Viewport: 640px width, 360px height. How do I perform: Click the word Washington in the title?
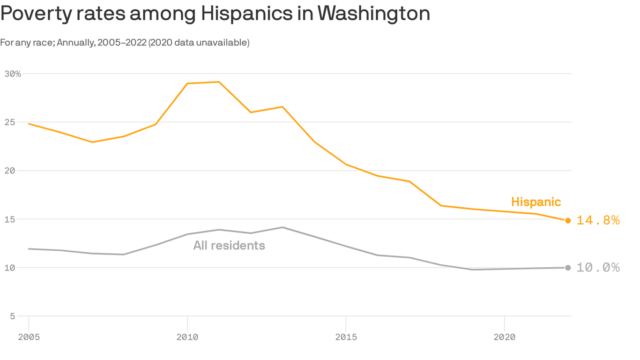(373, 14)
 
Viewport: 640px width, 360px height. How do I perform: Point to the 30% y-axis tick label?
(13, 74)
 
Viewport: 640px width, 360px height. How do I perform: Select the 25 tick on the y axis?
(9, 122)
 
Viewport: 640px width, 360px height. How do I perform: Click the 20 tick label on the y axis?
(9, 171)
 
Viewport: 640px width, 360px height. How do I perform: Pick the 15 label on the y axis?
(9, 219)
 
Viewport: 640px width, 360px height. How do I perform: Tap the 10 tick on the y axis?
(9, 268)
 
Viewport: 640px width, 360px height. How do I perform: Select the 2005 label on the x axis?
(29, 337)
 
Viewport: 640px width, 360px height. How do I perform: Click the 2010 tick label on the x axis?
(187, 337)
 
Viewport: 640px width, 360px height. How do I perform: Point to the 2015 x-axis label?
(346, 337)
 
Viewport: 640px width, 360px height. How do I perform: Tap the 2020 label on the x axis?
(504, 337)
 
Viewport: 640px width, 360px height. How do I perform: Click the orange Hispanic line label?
(536, 202)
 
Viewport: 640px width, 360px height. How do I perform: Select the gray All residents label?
(229, 245)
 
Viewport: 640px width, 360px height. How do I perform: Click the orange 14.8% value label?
(598, 220)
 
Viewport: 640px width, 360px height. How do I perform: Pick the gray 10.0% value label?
(598, 268)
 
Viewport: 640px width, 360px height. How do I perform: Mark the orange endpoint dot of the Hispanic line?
(568, 220)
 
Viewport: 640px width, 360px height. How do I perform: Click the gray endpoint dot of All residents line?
(568, 268)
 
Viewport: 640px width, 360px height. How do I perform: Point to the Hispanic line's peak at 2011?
(219, 82)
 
